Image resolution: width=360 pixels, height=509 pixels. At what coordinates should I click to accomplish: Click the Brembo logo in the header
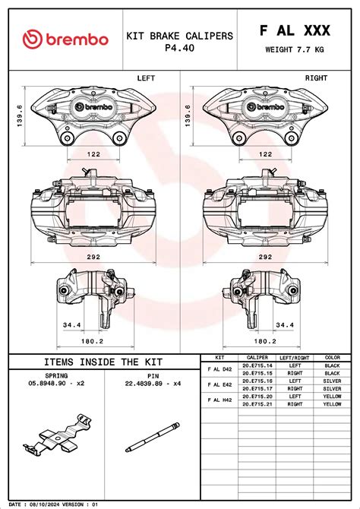65,40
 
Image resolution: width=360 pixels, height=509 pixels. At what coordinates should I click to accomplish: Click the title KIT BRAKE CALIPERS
180,36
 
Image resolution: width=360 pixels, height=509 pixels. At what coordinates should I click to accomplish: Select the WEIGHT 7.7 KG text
295,50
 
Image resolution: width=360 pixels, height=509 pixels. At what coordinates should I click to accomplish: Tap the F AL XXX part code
295,30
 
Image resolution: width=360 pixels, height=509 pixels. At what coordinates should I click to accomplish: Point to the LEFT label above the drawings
146,78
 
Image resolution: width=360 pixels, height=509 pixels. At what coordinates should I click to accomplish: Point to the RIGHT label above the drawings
316,78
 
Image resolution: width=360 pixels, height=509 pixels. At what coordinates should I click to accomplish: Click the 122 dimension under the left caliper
93,154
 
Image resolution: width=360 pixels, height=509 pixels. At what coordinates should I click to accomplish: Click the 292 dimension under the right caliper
265,257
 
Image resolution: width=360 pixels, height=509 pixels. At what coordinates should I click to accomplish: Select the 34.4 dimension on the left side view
71,324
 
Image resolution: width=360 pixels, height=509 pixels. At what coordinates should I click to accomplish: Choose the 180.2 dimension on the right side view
265,341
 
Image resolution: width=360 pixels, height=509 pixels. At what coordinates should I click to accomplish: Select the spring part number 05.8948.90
55,384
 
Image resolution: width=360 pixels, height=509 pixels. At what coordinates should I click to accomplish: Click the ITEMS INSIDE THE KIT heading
103,362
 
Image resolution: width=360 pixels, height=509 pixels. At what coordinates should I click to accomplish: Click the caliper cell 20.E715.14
257,365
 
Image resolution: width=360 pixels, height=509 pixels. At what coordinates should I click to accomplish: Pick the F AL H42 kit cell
220,400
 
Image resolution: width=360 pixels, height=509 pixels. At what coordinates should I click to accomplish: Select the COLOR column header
332,357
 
